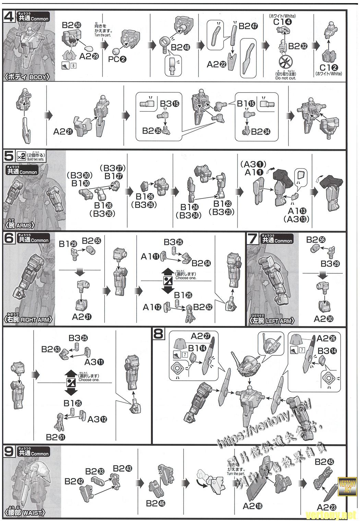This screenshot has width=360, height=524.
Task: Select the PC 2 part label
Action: [117, 59]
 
